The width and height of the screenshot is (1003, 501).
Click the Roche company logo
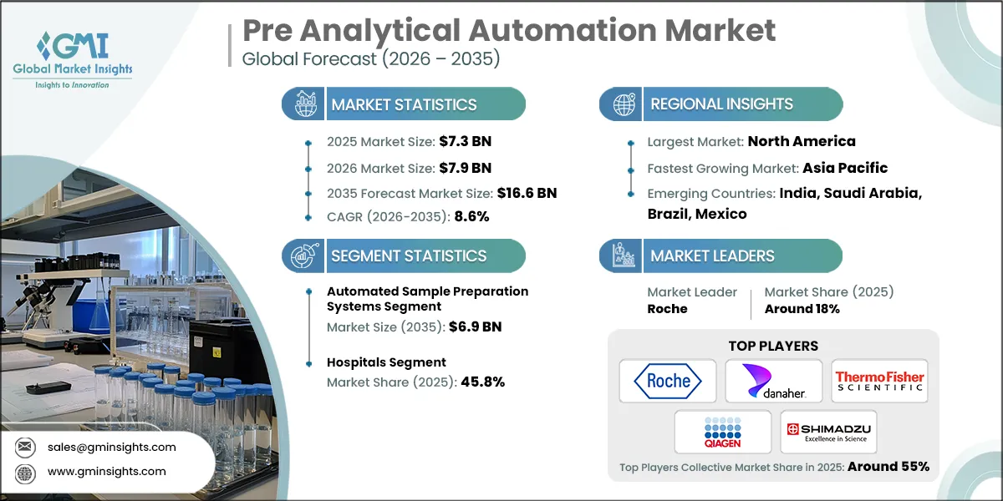(668, 381)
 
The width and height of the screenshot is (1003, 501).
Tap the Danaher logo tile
(773, 381)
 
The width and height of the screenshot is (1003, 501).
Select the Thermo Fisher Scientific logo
(879, 381)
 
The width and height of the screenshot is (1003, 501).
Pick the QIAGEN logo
(722, 432)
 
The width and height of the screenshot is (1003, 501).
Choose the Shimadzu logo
(827, 432)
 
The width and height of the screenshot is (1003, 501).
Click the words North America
(802, 141)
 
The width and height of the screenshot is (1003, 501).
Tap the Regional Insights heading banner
(721, 104)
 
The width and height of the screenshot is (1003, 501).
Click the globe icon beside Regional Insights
(624, 104)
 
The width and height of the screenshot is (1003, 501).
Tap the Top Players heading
(773, 346)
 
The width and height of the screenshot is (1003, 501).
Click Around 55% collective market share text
(888, 467)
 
